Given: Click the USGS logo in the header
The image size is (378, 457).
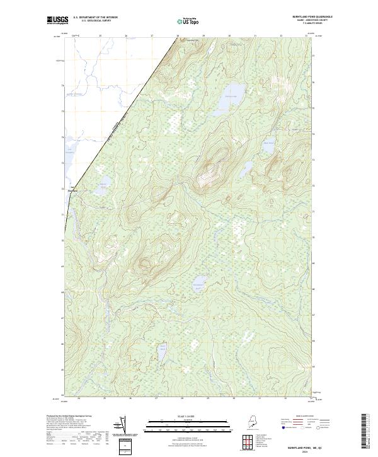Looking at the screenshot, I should [58, 20].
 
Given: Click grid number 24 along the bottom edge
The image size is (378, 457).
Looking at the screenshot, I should [78, 398].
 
